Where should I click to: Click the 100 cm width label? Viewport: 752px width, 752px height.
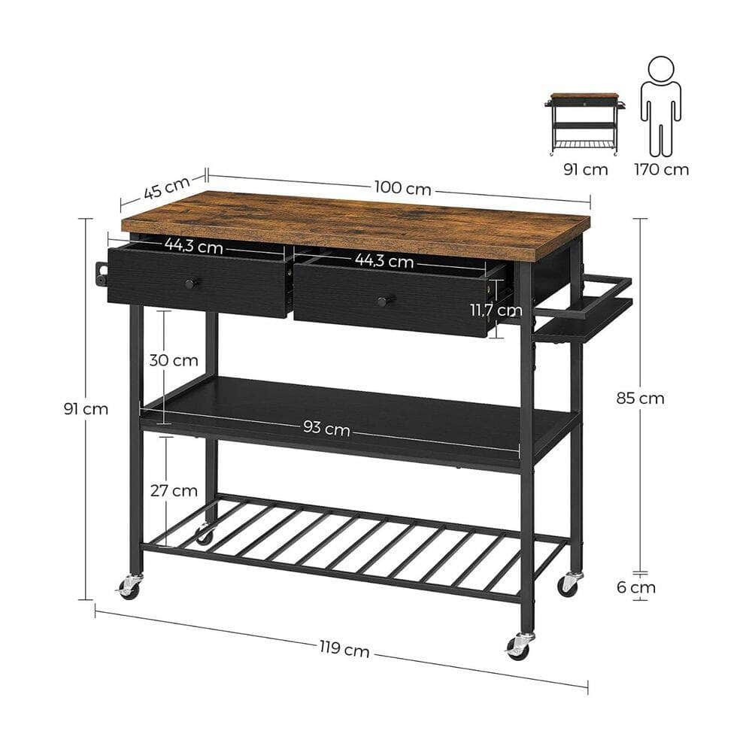402,189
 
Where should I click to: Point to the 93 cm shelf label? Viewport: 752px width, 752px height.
327,428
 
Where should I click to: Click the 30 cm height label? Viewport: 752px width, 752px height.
173,360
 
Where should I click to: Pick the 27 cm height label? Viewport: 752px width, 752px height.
174,491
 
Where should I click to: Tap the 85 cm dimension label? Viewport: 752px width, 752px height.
640,399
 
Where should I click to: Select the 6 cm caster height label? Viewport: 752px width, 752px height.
635,587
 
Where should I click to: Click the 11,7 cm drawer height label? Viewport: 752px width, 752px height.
491,310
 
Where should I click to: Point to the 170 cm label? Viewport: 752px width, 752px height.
661,169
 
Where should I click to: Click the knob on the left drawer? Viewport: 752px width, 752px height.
190,283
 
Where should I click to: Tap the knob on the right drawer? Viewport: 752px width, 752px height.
384,301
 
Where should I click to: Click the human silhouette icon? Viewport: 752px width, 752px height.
661,105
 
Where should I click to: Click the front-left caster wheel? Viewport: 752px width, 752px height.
129,587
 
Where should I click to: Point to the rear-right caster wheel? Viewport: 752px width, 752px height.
569,584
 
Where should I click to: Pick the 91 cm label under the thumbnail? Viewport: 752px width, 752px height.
585,169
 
